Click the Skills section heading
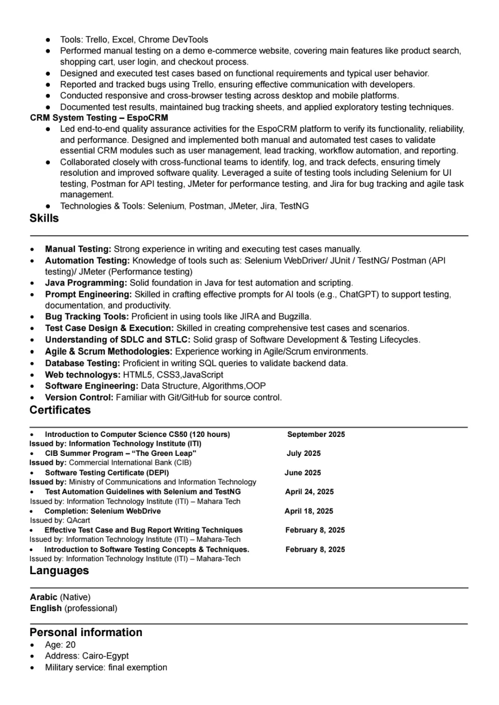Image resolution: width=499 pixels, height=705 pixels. (44, 218)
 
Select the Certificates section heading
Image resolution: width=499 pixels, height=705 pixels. (60, 410)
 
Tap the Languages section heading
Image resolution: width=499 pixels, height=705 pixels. (59, 571)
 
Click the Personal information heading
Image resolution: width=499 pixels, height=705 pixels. (86, 633)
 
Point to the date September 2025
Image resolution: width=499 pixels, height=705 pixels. (316, 434)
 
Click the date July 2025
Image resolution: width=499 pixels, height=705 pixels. (303, 453)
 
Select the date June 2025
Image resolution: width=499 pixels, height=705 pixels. (302, 473)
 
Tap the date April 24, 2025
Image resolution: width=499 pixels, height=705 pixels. (309, 492)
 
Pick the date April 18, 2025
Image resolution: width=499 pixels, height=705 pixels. (309, 511)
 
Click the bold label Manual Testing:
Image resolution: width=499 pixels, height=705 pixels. (78, 249)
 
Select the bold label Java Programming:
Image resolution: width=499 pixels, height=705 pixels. (86, 283)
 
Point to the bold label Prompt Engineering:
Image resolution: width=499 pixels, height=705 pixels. (88, 295)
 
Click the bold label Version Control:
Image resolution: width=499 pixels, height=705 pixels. (79, 397)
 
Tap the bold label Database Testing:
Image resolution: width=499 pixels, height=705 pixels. (82, 363)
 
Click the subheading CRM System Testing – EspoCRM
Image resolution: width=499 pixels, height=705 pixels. (99, 118)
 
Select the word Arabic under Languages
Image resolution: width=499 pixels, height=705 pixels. (43, 597)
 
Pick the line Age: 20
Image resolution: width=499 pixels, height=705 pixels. (60, 645)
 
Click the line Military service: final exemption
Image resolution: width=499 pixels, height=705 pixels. (106, 668)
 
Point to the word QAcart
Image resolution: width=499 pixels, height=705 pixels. (78, 520)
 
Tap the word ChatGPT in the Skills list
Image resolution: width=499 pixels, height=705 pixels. (358, 295)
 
